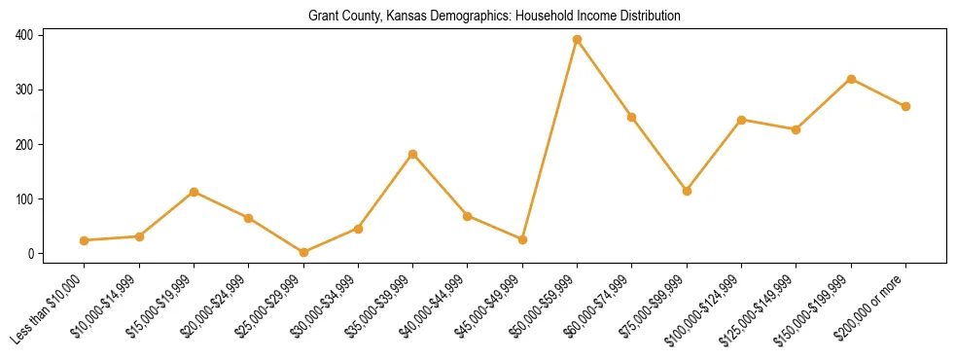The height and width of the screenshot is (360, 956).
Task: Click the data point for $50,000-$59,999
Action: click(x=577, y=40)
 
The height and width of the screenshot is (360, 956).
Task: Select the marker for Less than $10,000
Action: click(x=85, y=240)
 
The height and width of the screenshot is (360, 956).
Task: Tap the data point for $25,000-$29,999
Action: click(x=303, y=253)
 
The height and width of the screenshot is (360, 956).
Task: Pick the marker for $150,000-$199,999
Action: click(x=851, y=79)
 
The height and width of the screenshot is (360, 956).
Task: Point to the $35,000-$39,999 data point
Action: click(x=413, y=154)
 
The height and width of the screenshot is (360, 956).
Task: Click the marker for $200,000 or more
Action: click(x=905, y=106)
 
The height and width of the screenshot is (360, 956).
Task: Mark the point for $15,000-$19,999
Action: click(x=195, y=192)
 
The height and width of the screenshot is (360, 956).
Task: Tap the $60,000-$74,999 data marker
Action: click(x=632, y=117)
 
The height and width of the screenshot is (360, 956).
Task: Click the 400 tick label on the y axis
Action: click(x=24, y=35)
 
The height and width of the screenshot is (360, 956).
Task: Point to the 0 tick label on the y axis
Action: click(x=30, y=254)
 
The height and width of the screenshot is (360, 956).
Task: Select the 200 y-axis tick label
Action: click(x=24, y=145)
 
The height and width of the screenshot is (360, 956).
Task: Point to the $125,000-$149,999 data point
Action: click(x=797, y=129)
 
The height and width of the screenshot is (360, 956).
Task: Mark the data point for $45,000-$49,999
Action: click(x=522, y=239)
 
